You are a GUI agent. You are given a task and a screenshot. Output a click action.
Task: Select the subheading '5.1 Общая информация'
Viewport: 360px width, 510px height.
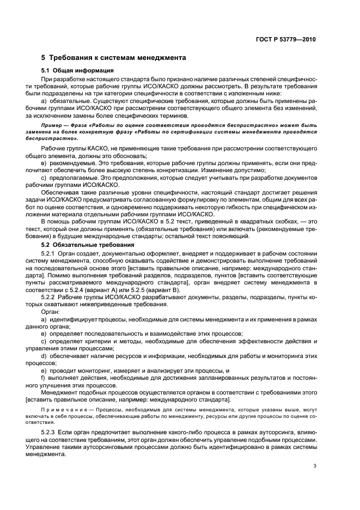tap(77, 71)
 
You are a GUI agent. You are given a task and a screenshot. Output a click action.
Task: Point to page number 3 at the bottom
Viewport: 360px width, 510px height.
tap(315, 465)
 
